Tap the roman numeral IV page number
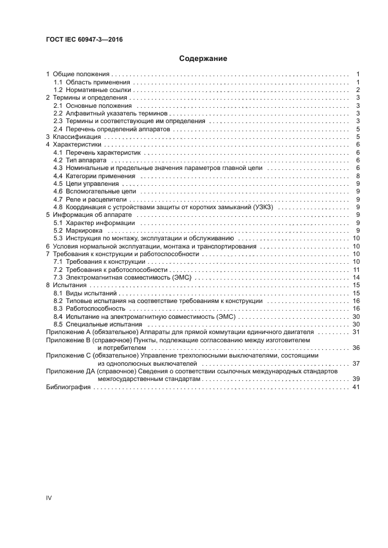pyautogui.click(x=49, y=498)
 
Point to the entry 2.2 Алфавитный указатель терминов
pyautogui.click(x=111, y=113)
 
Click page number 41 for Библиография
pyautogui.click(x=356, y=387)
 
